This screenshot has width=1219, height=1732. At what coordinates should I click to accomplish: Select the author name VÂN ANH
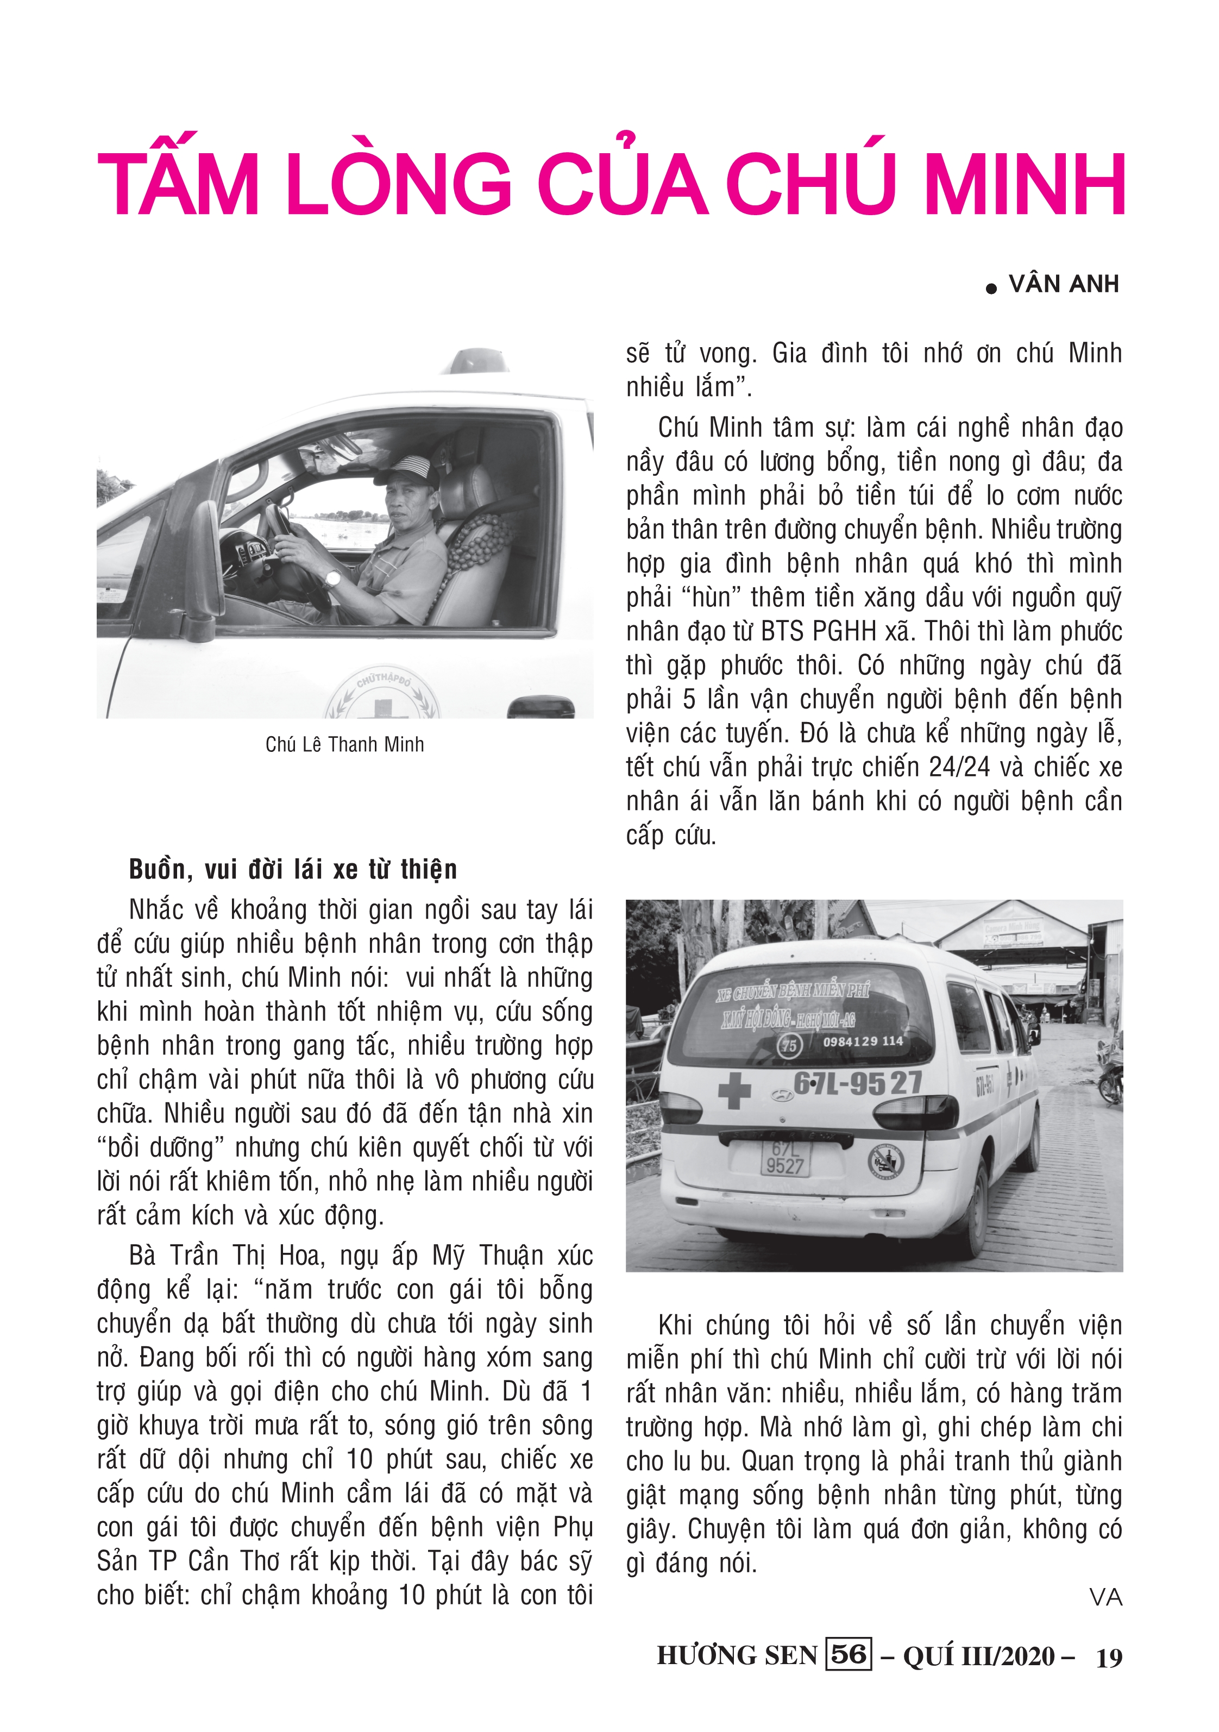coord(1064,284)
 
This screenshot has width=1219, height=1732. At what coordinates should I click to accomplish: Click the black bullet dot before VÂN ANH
coord(991,288)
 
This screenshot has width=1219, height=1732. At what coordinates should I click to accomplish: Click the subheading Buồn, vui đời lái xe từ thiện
coord(293,869)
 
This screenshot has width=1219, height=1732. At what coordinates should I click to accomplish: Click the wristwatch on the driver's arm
coord(332,578)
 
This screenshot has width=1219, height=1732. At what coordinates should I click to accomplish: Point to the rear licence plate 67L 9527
coord(784,1157)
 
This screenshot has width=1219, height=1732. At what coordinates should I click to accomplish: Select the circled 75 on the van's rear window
coord(789,1045)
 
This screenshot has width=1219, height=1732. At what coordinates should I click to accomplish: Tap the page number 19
coord(1109,1658)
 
